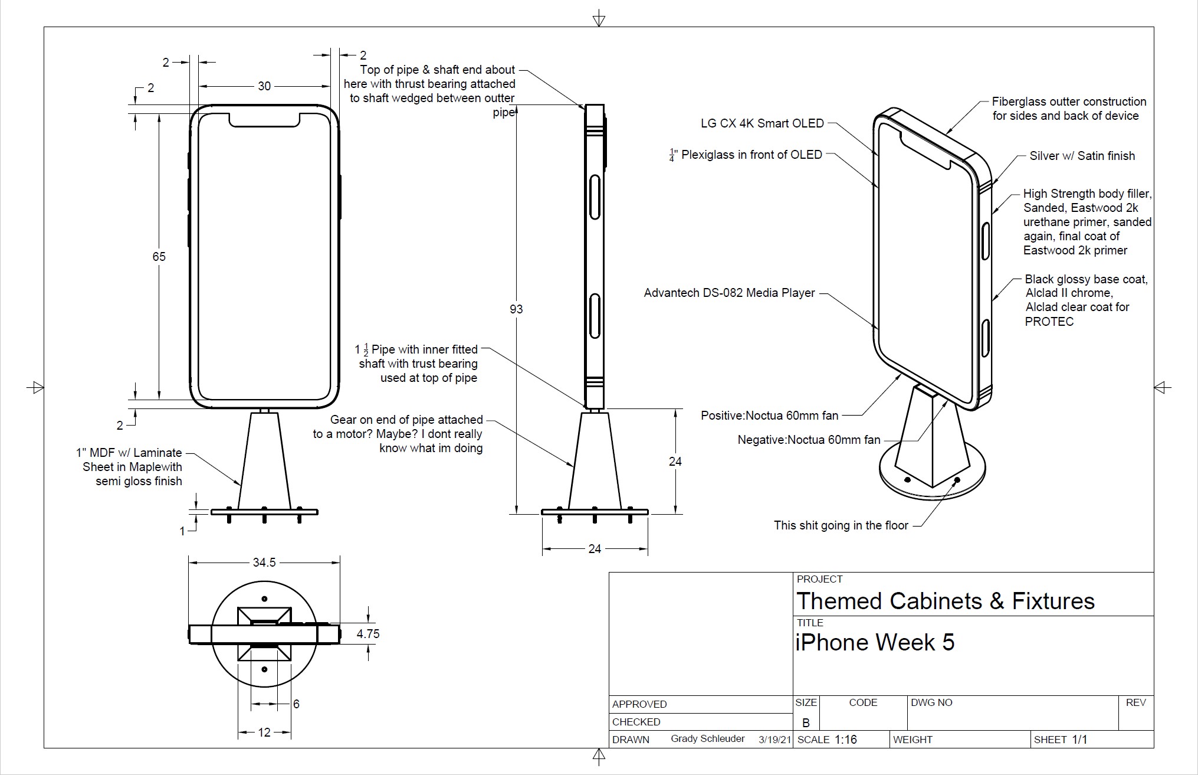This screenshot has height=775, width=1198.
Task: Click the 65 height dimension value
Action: (x=159, y=256)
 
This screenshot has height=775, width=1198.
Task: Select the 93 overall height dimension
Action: (x=516, y=309)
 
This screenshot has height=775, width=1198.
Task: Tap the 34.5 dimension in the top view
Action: (x=264, y=563)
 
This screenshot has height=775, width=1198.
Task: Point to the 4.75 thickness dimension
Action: (x=368, y=634)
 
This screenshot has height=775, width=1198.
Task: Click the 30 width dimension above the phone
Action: (x=264, y=86)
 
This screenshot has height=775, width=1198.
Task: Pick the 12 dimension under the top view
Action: (x=264, y=733)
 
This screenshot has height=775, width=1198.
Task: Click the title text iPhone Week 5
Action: (x=875, y=642)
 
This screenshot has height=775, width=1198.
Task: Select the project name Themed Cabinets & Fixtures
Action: (x=946, y=601)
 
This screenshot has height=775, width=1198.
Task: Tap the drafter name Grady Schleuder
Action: (x=708, y=739)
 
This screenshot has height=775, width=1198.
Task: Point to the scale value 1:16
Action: (x=846, y=740)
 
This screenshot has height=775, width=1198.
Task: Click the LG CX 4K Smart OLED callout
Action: (x=762, y=123)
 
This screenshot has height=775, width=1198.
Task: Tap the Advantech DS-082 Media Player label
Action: (x=730, y=293)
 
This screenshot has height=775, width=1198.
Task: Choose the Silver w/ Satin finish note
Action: (x=1082, y=156)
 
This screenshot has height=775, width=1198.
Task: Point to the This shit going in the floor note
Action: (x=841, y=525)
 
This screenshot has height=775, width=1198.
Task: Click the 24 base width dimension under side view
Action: (x=595, y=549)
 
